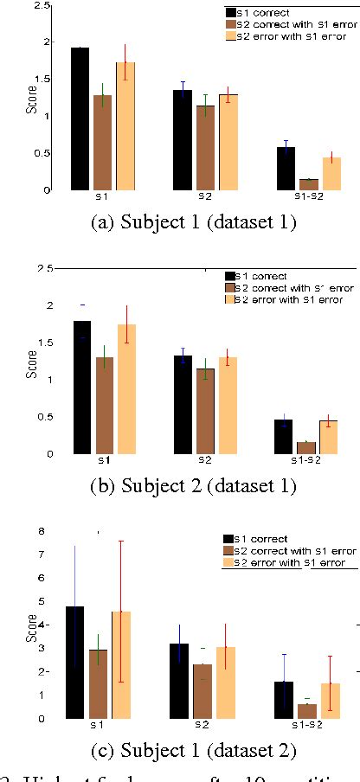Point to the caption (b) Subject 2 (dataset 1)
193,485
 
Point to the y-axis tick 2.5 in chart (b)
52,268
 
